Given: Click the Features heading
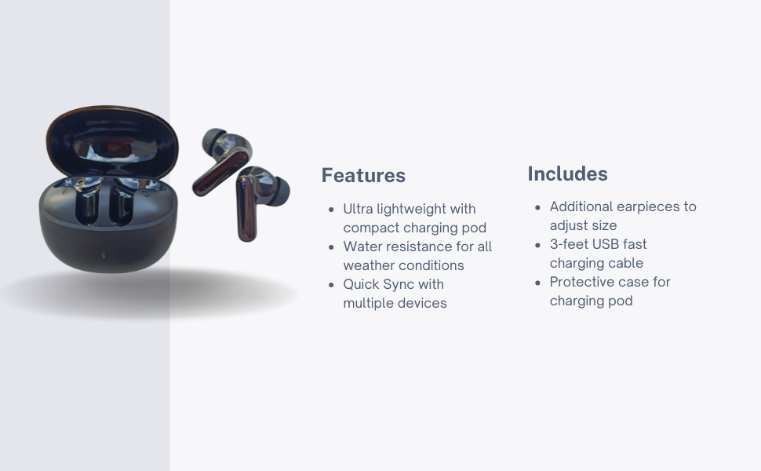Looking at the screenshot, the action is click(x=363, y=175).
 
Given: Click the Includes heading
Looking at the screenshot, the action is click(x=567, y=173).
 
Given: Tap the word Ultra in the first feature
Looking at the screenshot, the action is click(x=359, y=209).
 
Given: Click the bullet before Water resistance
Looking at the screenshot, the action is click(x=332, y=247).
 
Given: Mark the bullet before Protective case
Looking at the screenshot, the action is click(x=537, y=283).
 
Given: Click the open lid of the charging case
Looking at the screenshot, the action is click(x=113, y=140).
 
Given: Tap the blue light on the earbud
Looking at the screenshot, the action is click(x=242, y=185).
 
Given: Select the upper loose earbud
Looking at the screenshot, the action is click(x=221, y=160).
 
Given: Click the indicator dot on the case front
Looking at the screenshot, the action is click(x=103, y=255).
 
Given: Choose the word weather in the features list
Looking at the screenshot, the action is click(x=370, y=265).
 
